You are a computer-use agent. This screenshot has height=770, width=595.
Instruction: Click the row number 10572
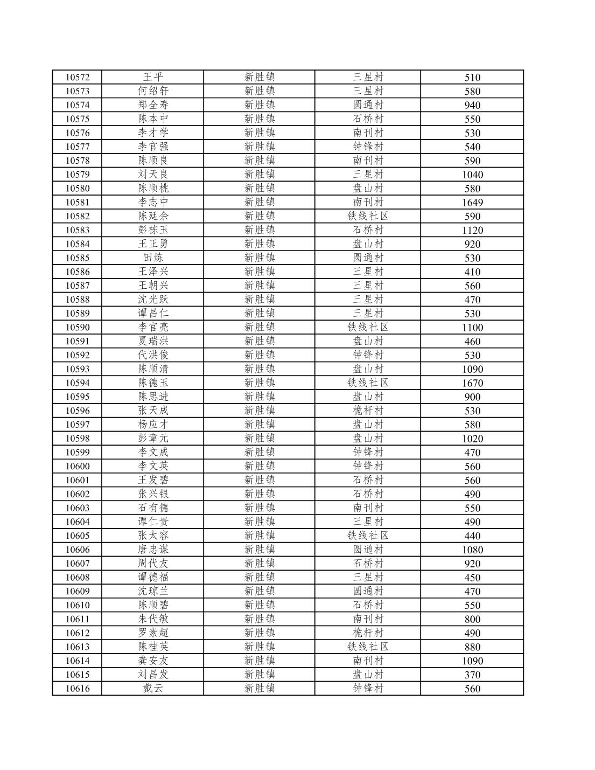click(x=78, y=77)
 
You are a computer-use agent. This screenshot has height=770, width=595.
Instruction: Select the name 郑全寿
click(x=153, y=105)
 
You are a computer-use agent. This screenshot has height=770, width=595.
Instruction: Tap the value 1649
click(x=472, y=203)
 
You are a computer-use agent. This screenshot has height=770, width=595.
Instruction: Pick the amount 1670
click(x=472, y=383)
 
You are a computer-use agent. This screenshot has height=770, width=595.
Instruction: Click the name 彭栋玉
click(x=153, y=230)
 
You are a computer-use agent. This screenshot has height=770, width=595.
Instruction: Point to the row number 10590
click(x=78, y=327)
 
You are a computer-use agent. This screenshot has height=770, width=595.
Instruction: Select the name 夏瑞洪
click(x=153, y=341)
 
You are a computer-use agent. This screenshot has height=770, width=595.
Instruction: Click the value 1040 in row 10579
click(x=472, y=175)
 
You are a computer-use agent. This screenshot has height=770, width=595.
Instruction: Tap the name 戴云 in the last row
click(x=153, y=688)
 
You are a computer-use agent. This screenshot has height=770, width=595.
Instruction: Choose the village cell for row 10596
click(x=368, y=411)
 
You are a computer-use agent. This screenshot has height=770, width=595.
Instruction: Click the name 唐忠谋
click(x=153, y=550)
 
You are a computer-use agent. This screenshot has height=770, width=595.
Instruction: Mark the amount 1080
click(x=472, y=550)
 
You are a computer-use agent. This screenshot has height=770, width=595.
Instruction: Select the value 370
click(x=472, y=675)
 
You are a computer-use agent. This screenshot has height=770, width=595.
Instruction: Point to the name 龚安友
click(x=153, y=661)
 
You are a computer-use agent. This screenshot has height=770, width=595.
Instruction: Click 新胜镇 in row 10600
click(x=260, y=466)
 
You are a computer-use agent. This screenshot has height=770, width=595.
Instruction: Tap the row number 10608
click(x=78, y=577)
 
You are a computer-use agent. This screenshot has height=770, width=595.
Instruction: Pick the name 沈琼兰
click(x=153, y=591)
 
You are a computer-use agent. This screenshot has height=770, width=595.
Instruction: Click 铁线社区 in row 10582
click(x=368, y=216)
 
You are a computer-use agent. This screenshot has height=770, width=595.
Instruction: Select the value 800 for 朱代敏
click(x=472, y=619)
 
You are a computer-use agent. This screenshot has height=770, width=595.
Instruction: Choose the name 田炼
click(x=153, y=258)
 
